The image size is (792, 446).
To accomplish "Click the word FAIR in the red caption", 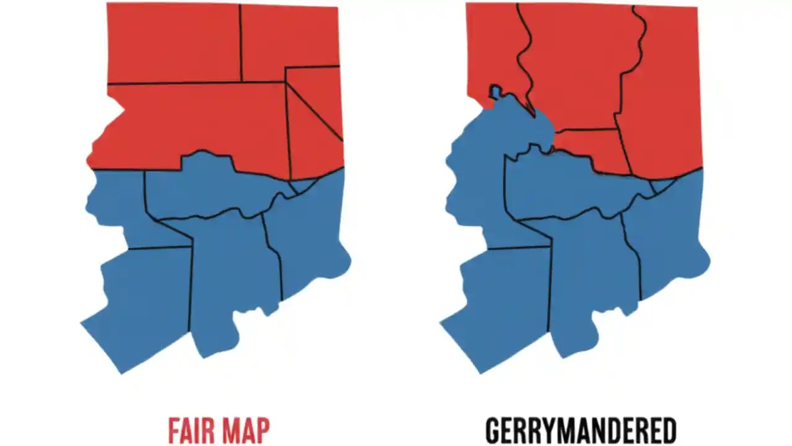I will pos(188,431).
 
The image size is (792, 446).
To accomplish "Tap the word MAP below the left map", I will pos(246,431).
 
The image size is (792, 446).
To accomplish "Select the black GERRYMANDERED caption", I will pos(580,431).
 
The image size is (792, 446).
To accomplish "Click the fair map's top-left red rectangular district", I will pos(173,42).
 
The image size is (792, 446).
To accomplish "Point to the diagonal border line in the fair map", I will pos(314,110).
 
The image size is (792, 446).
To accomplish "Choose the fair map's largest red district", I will pos(198,124).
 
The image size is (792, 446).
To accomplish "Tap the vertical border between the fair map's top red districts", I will pos(241,43).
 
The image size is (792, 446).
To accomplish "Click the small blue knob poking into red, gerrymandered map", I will pos(496,92).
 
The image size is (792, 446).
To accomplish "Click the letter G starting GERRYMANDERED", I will pos(493,431).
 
